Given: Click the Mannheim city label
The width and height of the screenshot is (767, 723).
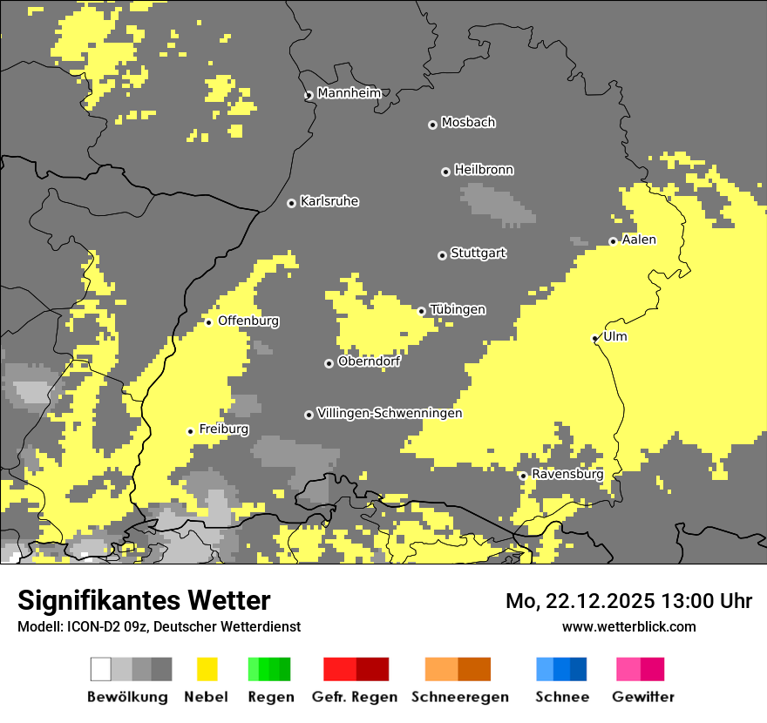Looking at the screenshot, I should coord(349,93).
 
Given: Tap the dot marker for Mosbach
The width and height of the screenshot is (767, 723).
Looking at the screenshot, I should coord(432,125).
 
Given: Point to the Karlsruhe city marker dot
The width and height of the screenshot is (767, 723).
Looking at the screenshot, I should coord(291,203).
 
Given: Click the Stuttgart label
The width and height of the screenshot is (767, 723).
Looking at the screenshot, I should coord(478,253).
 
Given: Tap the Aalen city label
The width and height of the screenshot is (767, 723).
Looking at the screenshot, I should coord(639,240).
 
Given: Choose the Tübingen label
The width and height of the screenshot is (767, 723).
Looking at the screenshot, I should coord(458,310).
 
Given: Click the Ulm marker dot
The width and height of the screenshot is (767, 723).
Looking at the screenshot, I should coord(595,338).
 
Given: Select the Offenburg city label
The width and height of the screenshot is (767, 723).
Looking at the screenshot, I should coord(248,321).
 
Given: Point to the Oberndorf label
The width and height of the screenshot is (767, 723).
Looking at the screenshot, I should coord(369,361).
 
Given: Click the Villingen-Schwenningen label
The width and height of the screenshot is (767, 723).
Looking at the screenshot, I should coord(390,413).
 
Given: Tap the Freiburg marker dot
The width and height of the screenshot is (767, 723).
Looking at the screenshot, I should coord(190,430).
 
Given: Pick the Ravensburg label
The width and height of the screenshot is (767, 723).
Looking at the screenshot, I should coord(567,475).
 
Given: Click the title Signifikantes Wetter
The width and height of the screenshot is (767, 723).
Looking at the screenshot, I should coord(144,600).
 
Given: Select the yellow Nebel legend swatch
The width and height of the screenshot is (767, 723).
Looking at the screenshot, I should coord(207,669).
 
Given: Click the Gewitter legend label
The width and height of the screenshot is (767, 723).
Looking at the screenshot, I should coord(642,697).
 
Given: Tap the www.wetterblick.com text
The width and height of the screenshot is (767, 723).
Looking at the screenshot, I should coord(628,626).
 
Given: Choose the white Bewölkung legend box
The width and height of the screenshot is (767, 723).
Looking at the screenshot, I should coord(100,669).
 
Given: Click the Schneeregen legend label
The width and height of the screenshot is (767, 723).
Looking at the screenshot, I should coord(459,697).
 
